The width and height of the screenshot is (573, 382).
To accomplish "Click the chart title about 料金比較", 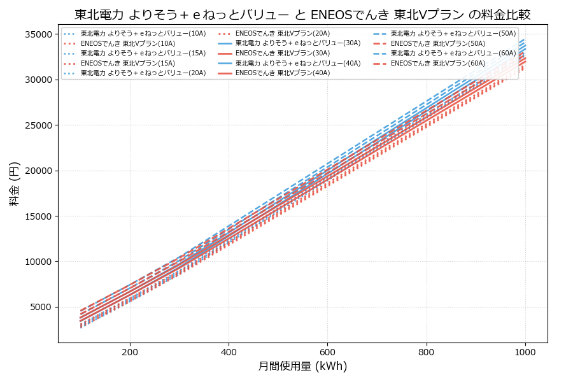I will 302,14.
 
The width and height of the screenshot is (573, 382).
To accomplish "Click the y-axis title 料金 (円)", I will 14,183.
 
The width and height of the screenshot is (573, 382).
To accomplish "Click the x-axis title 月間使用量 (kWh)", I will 302,366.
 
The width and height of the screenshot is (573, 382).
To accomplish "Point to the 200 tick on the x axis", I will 130,351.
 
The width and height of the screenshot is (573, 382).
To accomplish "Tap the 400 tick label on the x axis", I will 229,351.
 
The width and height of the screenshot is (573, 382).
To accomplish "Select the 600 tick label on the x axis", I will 327,351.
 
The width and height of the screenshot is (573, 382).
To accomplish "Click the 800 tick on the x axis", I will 426,351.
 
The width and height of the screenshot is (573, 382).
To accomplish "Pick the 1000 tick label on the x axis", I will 525,351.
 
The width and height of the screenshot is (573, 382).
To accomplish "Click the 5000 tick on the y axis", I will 41,307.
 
